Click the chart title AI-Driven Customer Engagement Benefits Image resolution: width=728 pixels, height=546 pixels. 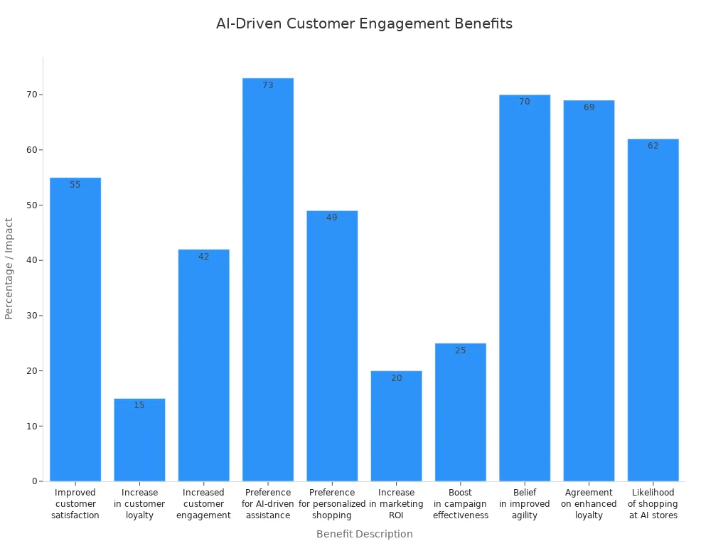click(364, 23)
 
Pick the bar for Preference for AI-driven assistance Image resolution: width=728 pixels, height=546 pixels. click(268, 284)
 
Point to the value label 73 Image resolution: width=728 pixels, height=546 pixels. click(268, 85)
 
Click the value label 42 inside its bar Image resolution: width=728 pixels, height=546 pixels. click(204, 257)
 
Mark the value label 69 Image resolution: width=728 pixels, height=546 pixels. click(589, 107)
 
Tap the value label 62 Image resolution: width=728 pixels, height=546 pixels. click(653, 146)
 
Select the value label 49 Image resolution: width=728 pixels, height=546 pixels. click(332, 218)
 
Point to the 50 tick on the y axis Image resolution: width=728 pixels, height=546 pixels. click(31, 205)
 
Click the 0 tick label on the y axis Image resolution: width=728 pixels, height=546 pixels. click(34, 481)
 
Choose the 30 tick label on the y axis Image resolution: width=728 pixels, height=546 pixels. click(31, 316)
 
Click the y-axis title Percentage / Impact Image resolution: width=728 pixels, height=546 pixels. click(9, 269)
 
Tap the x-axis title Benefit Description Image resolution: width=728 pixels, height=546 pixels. click(364, 534)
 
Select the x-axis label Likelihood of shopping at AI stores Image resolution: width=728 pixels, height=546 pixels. click(653, 503)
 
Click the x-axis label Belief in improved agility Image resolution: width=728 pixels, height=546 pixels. click(525, 503)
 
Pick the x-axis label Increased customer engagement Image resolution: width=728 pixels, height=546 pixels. click(204, 503)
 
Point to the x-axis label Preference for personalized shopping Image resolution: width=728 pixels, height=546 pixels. click(332, 503)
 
